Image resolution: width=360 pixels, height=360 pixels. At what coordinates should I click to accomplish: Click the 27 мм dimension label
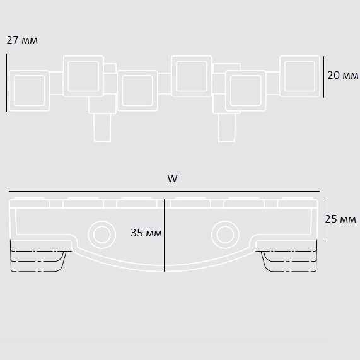click(x=22, y=40)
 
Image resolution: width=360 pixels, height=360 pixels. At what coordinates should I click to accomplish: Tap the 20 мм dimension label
click(x=343, y=75)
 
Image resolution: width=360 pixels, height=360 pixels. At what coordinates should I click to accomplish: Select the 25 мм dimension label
click(x=340, y=219)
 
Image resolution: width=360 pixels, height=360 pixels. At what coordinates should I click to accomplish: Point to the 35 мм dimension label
click(x=146, y=233)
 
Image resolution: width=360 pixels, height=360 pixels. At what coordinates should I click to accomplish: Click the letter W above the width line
click(x=172, y=178)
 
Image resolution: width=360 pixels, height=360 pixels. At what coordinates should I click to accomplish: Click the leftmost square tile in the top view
click(x=29, y=91)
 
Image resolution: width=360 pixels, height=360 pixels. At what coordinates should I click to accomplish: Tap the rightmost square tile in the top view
click(x=299, y=76)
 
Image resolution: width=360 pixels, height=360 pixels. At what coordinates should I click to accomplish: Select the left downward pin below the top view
click(x=102, y=127)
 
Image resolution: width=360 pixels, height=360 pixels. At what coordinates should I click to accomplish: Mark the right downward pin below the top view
click(x=226, y=127)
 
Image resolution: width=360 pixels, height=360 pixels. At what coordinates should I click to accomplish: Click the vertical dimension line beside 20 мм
click(x=323, y=77)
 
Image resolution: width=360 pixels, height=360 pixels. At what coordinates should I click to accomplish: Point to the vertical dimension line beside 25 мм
click(x=323, y=219)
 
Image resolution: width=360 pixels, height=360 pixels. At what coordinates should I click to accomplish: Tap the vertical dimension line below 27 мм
click(x=7, y=83)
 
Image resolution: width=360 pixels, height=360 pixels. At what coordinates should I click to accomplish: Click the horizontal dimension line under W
click(x=164, y=191)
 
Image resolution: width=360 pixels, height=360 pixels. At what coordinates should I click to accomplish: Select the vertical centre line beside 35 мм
click(x=164, y=235)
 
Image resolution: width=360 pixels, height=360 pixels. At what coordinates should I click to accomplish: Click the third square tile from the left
click(x=137, y=91)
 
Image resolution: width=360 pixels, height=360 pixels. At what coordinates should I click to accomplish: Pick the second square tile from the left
click(x=83, y=76)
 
